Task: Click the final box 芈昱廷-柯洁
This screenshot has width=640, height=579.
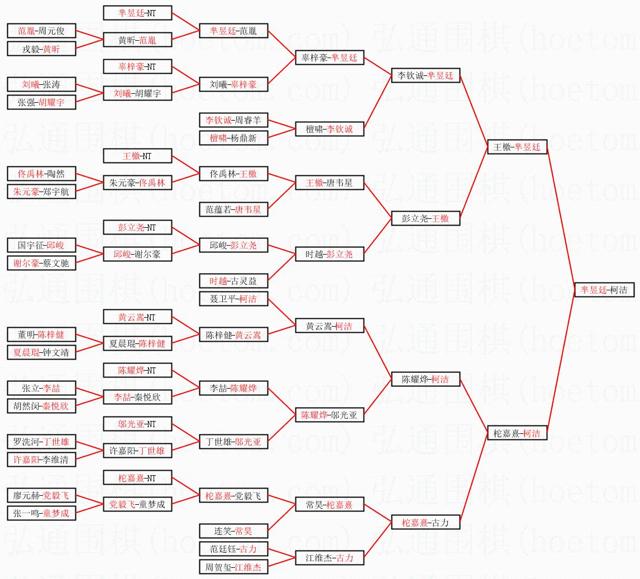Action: pyautogui.click(x=604, y=290)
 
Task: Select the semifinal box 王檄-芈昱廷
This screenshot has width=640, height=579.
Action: pyautogui.click(x=517, y=147)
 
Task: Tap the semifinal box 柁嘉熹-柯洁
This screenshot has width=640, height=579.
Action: pyautogui.click(x=517, y=433)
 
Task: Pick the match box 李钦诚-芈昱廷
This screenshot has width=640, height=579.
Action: pyautogui.click(x=426, y=75)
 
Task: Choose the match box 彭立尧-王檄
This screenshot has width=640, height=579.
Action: pyautogui.click(x=426, y=218)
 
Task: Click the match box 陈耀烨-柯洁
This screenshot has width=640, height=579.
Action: pyautogui.click(x=426, y=379)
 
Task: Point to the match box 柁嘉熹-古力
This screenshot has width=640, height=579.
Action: pyautogui.click(x=426, y=523)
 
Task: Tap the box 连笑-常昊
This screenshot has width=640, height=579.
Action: pyautogui.click(x=233, y=531)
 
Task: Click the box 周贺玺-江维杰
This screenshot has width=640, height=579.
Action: pyautogui.click(x=233, y=567)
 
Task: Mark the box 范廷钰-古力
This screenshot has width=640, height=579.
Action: pyautogui.click(x=233, y=549)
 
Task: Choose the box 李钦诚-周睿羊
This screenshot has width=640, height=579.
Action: pyautogui.click(x=233, y=120)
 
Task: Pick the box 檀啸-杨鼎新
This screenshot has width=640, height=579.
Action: pyautogui.click(x=233, y=138)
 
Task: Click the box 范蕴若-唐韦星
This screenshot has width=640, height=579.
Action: pyautogui.click(x=233, y=209)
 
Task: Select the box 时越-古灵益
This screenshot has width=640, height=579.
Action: pyautogui.click(x=233, y=281)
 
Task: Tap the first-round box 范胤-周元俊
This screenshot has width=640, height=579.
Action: pyautogui.click(x=41, y=31)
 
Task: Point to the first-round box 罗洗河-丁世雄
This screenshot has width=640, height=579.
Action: pyautogui.click(x=41, y=442)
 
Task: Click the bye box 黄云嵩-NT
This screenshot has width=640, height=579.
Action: pyautogui.click(x=137, y=317)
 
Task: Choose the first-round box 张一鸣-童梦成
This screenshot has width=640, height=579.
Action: pyautogui.click(x=41, y=513)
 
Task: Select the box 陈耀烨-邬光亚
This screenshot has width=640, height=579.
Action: pyautogui.click(x=329, y=415)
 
